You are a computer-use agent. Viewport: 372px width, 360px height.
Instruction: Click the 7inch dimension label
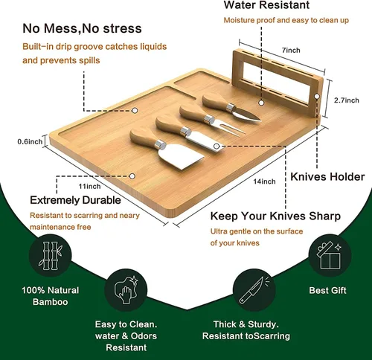coord(291,51)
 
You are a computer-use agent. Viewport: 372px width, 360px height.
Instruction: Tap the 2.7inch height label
coord(347,100)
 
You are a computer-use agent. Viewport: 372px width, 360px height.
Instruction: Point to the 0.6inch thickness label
coord(30,141)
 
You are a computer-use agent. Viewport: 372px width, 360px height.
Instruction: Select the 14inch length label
coord(264,181)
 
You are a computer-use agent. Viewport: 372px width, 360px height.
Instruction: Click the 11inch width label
coord(89,186)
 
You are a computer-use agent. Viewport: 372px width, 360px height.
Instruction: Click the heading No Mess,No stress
coord(82,28)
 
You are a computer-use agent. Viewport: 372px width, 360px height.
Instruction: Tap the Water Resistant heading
coord(266,5)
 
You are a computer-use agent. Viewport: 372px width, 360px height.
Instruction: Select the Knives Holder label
coord(327,177)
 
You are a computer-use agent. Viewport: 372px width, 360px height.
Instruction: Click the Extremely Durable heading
coord(75,200)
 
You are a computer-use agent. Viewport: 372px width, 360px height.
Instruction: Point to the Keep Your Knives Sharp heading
coord(275,216)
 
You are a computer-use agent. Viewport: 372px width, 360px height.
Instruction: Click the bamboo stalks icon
coord(51,256)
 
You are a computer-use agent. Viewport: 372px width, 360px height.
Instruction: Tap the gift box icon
coord(330,255)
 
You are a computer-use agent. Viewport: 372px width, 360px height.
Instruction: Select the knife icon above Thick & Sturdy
coord(254,290)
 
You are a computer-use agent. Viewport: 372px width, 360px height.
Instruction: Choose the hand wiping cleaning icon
coord(126,290)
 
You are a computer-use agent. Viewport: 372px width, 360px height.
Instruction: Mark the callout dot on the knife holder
coord(317,96)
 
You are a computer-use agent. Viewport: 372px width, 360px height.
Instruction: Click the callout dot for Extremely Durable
coord(132,176)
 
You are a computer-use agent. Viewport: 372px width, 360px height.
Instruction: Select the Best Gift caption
coord(327,290)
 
